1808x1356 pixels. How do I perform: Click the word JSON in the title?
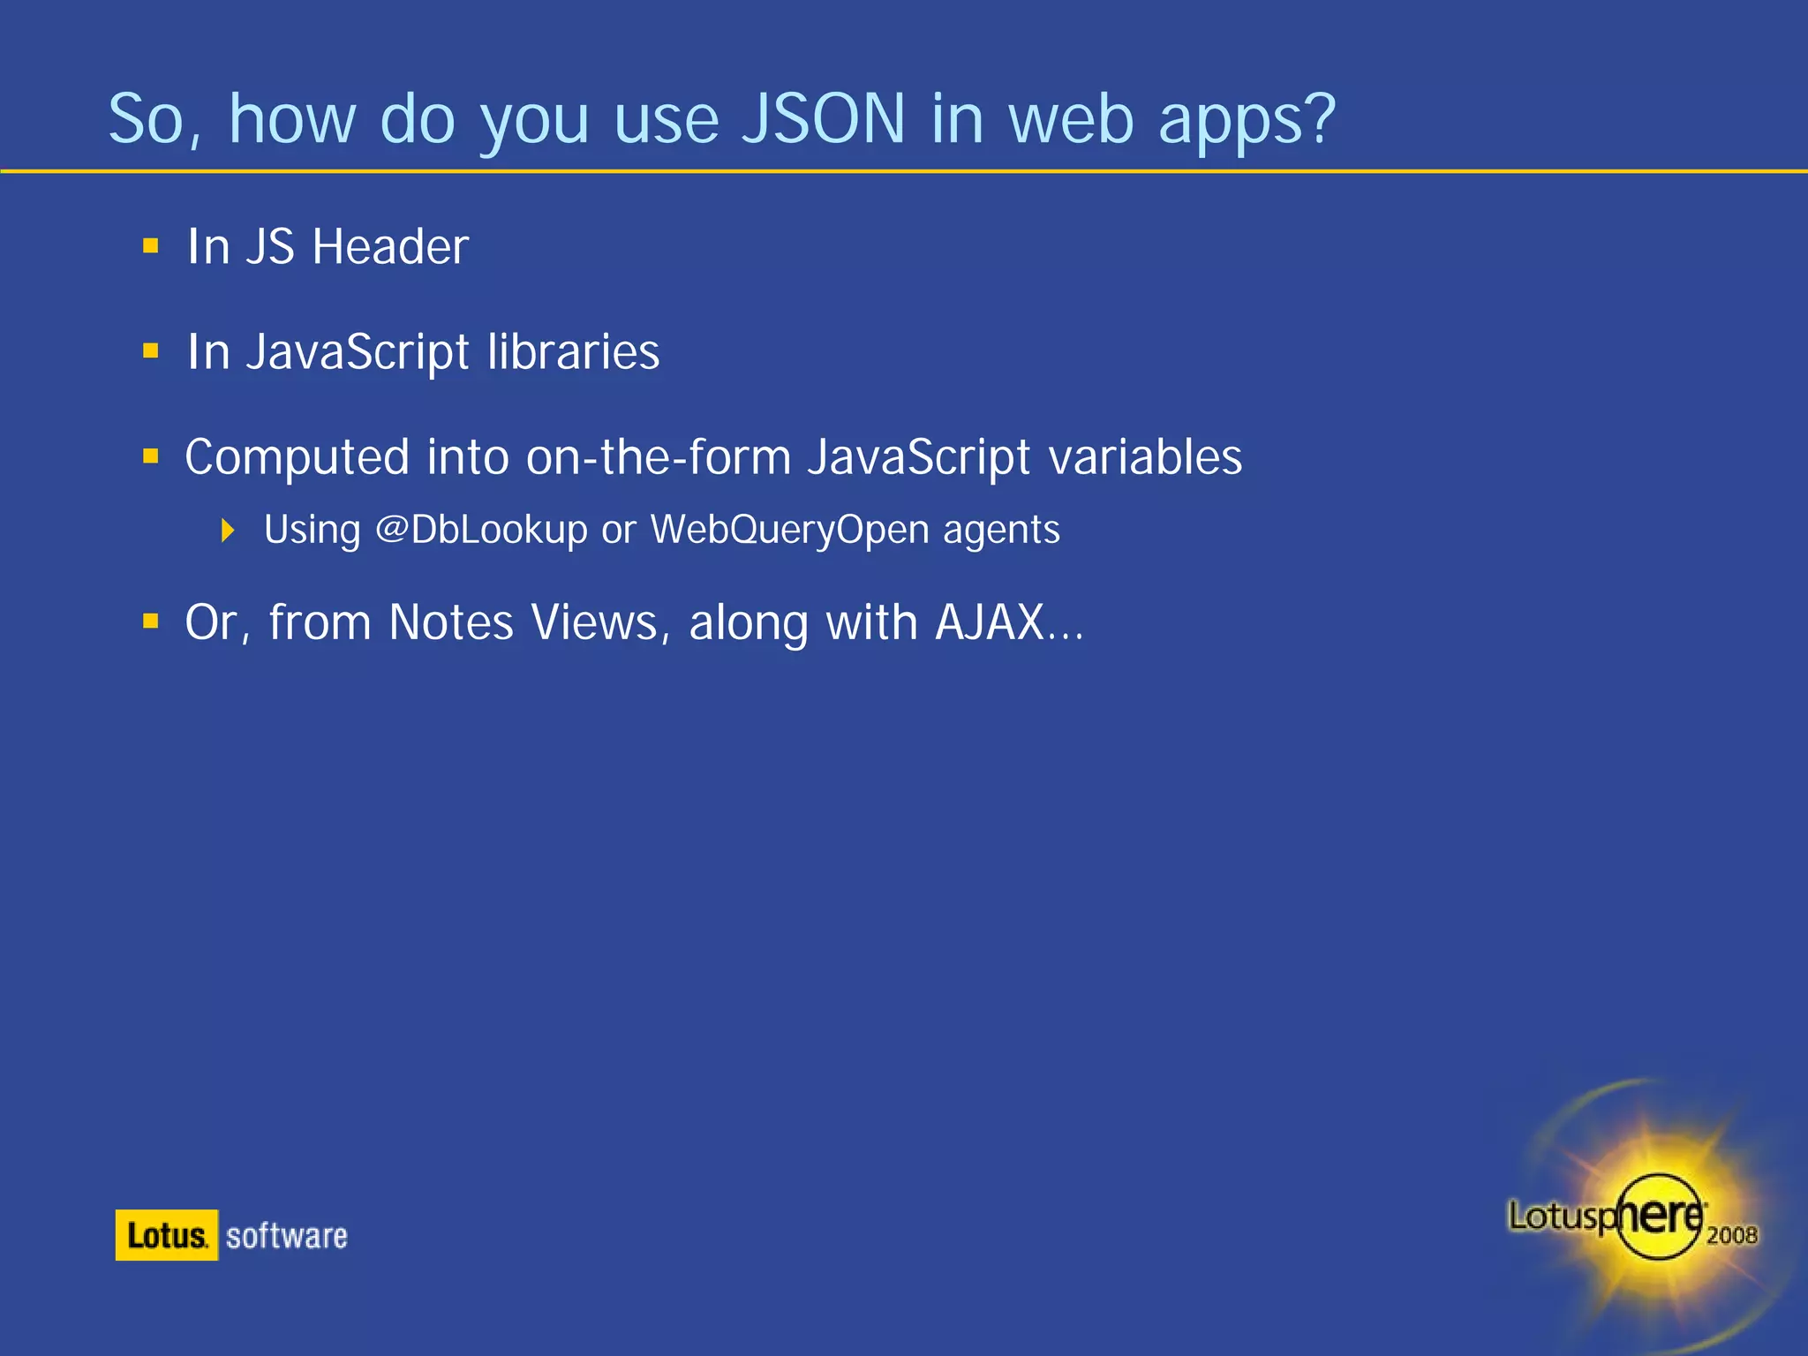pyautogui.click(x=823, y=119)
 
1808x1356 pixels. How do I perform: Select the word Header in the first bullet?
pyautogui.click(x=390, y=246)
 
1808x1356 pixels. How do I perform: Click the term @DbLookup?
pyautogui.click(x=481, y=530)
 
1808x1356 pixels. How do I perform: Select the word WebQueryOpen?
pyautogui.click(x=790, y=530)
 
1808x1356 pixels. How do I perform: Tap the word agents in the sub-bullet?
pyautogui.click(x=1001, y=531)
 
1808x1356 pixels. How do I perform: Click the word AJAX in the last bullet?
pyautogui.click(x=990, y=622)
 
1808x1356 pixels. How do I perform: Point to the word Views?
pyautogui.click(x=595, y=622)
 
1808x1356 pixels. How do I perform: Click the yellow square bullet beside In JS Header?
pyautogui.click(x=151, y=246)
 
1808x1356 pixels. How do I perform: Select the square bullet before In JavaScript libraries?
pyautogui.click(x=151, y=352)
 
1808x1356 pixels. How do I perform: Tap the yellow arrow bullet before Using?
pyautogui.click(x=228, y=531)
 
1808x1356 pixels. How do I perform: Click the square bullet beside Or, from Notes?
pyautogui.click(x=151, y=622)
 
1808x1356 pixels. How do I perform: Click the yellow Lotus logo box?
pyautogui.click(x=166, y=1235)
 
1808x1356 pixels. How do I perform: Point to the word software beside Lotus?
pyautogui.click(x=287, y=1236)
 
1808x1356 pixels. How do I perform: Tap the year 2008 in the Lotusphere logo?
pyautogui.click(x=1731, y=1234)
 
